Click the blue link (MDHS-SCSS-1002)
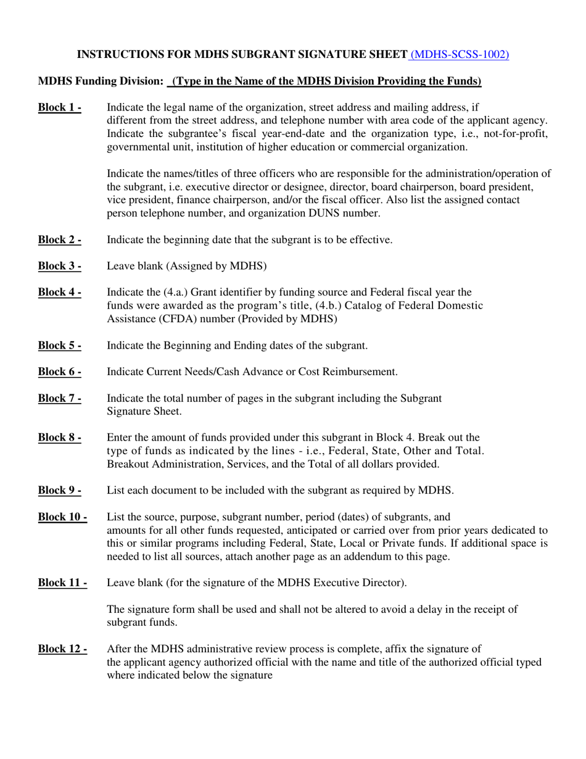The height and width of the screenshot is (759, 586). point(460,54)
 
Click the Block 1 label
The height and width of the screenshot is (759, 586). point(60,107)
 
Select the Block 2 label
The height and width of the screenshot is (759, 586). point(60,239)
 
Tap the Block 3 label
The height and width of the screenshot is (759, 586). point(60,266)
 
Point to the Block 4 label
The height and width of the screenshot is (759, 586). point(60,292)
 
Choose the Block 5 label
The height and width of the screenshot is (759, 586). point(60,345)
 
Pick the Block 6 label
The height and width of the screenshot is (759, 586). point(60,371)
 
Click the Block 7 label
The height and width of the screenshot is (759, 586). point(60,398)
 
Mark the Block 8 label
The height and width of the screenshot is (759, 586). point(60,438)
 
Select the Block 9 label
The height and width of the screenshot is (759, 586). point(60,491)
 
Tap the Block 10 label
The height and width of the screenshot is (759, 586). point(62,516)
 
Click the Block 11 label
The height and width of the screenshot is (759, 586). point(62,583)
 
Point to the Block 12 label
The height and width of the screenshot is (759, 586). point(62,649)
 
